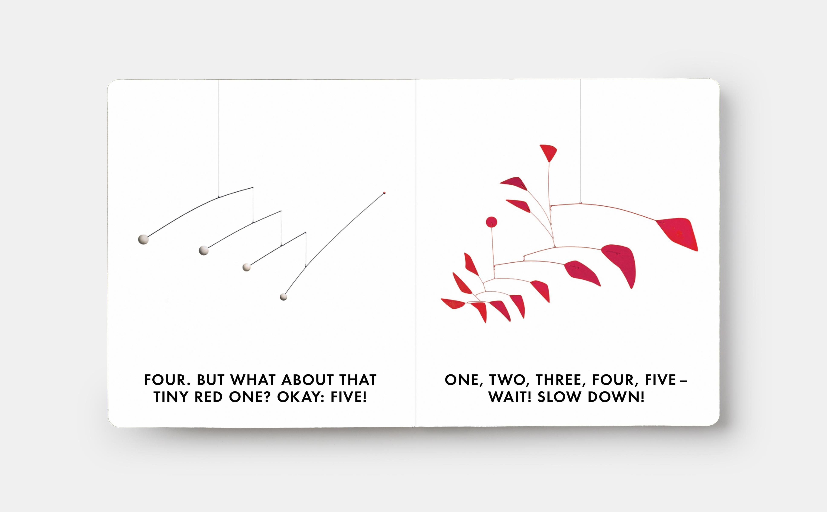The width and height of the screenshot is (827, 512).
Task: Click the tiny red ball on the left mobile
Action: (385, 193)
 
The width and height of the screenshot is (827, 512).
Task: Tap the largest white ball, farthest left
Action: (143, 239)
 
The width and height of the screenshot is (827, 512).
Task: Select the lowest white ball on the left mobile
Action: (283, 297)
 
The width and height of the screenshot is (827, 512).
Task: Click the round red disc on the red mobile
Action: (492, 222)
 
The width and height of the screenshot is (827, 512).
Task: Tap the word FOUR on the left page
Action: (165, 380)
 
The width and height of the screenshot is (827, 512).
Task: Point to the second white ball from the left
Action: (204, 250)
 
